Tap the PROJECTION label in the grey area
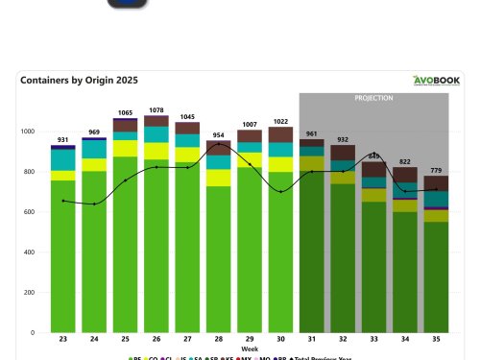pyautogui.click(x=373, y=98)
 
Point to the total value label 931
pyautogui.click(x=63, y=140)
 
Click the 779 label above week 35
pyautogui.click(x=436, y=170)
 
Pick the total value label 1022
pyautogui.click(x=281, y=121)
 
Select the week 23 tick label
pyautogui.click(x=63, y=341)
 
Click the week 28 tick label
pyautogui.click(x=219, y=341)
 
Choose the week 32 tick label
pyautogui.click(x=343, y=341)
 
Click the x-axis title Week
pyautogui.click(x=250, y=349)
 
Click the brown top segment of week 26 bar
pyautogui.click(x=156, y=121)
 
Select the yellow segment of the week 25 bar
pyautogui.click(x=125, y=148)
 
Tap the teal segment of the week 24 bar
pyautogui.click(x=94, y=150)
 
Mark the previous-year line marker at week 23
pyautogui.click(x=63, y=201)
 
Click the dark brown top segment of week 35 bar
pyautogui.click(x=436, y=183)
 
